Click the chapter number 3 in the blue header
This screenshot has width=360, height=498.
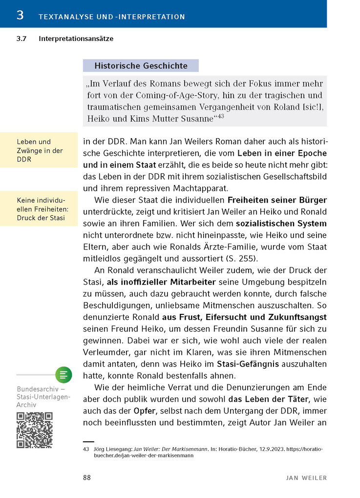[20, 15]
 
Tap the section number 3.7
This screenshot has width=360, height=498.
[22, 39]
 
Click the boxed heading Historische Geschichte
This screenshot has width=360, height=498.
[141, 65]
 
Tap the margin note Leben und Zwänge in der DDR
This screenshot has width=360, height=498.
[40, 150]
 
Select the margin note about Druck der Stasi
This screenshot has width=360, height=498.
[41, 208]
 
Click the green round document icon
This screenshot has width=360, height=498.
[63, 375]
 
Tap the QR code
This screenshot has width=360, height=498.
[34, 430]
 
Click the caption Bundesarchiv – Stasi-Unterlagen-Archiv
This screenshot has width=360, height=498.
[43, 397]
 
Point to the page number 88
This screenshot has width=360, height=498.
[87, 477]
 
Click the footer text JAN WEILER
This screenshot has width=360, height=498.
[306, 477]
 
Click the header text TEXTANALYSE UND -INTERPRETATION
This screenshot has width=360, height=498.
[112, 17]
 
